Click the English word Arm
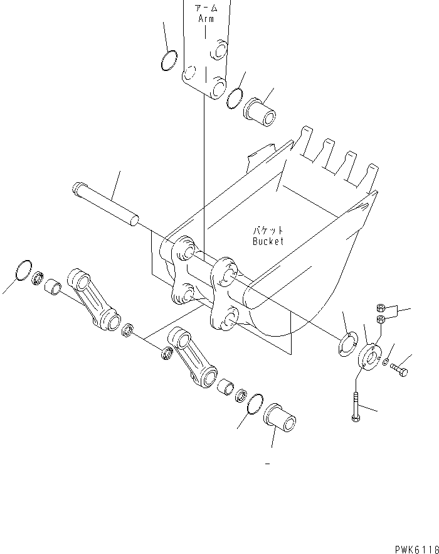click(206, 19)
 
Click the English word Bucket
click(268, 241)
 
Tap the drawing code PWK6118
click(416, 548)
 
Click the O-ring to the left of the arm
click(168, 62)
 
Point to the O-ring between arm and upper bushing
click(235, 97)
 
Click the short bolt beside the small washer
click(398, 370)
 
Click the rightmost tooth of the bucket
click(371, 175)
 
